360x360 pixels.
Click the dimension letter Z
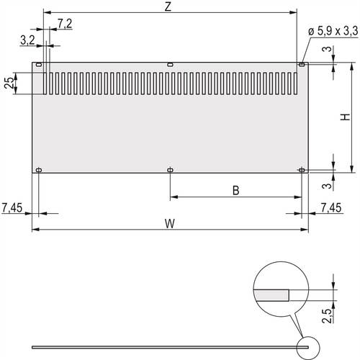click(x=168, y=6)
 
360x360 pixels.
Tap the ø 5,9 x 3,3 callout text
click(x=331, y=31)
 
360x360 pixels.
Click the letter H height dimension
click(x=345, y=117)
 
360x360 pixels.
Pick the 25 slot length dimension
click(x=9, y=83)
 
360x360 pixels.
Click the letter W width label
click(x=168, y=223)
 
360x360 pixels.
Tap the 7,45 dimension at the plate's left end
click(x=12, y=208)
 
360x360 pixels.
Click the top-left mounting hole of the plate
click(x=40, y=65)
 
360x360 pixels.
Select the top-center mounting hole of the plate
click(x=170, y=65)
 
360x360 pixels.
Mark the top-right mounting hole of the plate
click(x=301, y=65)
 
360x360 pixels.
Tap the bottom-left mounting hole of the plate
click(x=40, y=170)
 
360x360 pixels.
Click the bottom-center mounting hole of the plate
click(x=170, y=170)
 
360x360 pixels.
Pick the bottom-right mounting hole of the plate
click(x=301, y=170)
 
